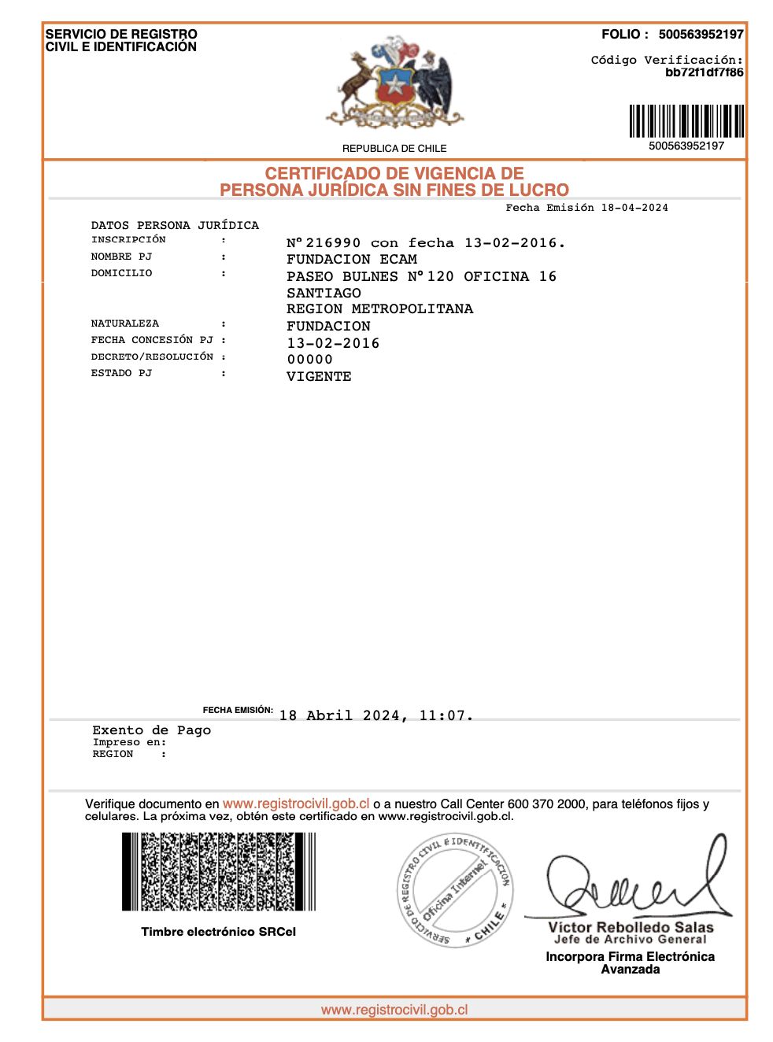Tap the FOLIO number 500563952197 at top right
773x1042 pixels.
701,35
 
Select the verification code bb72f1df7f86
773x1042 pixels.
704,72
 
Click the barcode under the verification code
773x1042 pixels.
686,121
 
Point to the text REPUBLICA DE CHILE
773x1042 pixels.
394,149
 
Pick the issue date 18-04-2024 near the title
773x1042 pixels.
634,208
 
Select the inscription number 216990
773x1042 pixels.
333,243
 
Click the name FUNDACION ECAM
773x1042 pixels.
352,260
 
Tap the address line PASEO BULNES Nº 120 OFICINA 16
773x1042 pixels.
421,277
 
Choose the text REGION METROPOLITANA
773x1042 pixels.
379,309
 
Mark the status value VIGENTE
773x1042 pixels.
319,377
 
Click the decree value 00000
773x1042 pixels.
309,360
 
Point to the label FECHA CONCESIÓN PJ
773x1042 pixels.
152,340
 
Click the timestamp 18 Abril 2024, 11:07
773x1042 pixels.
375,716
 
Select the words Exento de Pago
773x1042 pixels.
152,730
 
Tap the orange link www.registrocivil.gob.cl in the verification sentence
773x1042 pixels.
296,804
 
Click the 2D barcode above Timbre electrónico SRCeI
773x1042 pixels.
219,872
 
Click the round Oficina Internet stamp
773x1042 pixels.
454,890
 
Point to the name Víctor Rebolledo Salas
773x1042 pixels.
631,928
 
